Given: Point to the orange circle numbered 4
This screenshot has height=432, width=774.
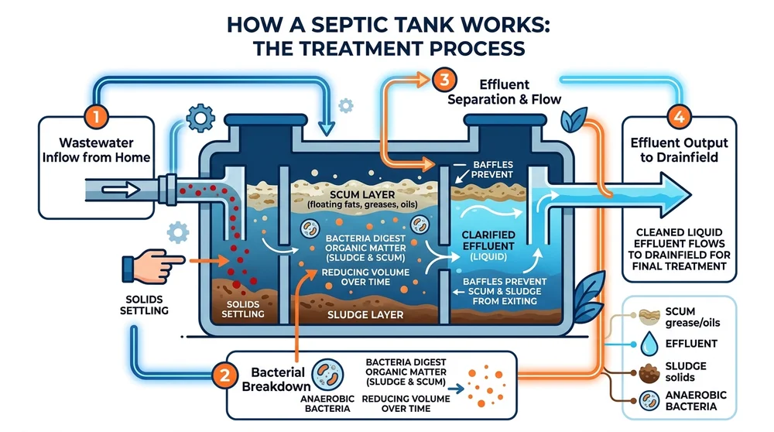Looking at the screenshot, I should pyautogui.click(x=678, y=118).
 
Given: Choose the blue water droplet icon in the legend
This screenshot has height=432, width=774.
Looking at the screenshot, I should pyautogui.click(x=648, y=343).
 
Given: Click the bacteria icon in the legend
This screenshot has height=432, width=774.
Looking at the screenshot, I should pyautogui.click(x=648, y=399).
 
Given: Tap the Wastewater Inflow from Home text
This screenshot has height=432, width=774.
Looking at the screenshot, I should pyautogui.click(x=96, y=151).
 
